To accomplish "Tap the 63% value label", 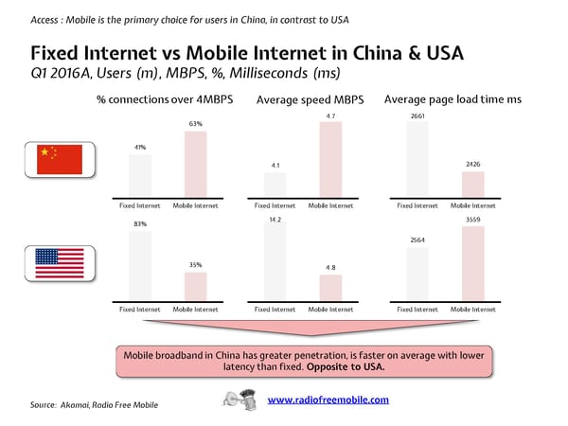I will [x=196, y=123].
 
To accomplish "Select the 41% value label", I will [x=140, y=147].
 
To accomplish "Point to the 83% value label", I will [x=140, y=223].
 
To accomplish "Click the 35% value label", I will [x=196, y=265].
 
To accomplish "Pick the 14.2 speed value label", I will [x=275, y=219].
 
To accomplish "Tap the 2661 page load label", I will [x=417, y=115].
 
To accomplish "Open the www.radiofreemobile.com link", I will [x=328, y=399].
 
